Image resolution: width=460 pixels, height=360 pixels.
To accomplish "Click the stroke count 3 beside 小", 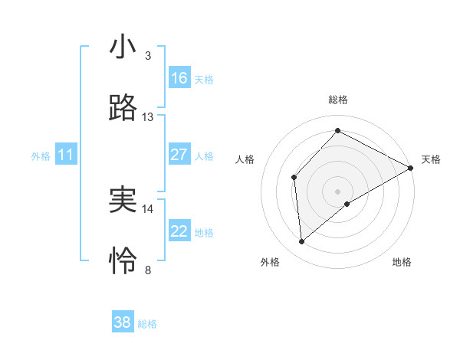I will coord(148,56).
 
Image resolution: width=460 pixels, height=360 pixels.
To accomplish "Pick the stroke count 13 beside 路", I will coord(148,117).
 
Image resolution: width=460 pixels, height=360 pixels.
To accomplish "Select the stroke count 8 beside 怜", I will coord(148,270).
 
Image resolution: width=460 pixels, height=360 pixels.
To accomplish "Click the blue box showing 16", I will coord(179,78).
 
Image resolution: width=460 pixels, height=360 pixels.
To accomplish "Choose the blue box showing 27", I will coord(179,155).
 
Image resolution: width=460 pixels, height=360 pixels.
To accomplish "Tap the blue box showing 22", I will coord(179,231).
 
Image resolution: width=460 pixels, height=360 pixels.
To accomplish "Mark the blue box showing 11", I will coord(66,155).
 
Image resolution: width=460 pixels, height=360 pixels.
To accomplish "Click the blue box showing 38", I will coord(123,322).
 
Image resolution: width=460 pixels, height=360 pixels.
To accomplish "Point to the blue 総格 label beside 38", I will coord(147,324).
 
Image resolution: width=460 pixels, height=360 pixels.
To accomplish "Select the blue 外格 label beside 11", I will coord(41,156).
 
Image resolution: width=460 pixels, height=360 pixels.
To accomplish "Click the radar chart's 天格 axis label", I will coord(431,159).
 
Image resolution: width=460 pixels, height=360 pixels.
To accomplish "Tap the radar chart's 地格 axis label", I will coord(402,263).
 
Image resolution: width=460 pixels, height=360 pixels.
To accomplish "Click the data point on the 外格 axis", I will coord(302,242).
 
